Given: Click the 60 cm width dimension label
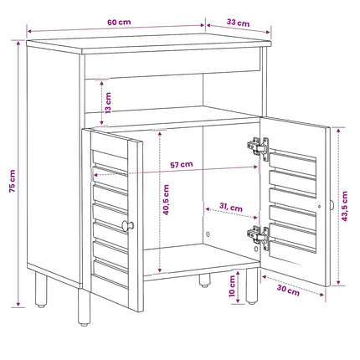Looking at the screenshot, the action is [119, 22].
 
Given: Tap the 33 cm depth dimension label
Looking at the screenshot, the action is [238, 23].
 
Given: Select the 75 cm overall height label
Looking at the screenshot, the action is [13, 181].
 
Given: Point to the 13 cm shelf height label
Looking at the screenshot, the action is [108, 103].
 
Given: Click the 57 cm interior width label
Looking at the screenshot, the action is [182, 164].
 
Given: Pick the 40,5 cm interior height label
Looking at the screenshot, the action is [166, 199].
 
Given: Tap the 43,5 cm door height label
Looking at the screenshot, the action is [345, 206].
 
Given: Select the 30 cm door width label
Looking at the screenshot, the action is [288, 290].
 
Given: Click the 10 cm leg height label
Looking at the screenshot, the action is [232, 286].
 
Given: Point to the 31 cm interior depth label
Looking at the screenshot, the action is [231, 207].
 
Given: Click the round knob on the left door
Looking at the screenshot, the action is [127, 225].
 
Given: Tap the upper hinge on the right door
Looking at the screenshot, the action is [258, 147].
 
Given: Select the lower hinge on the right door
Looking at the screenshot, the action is [258, 236].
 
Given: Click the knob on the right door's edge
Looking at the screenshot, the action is [332, 206].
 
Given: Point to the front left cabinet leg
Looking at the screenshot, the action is [84, 307].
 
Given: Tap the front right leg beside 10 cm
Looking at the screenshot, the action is [252, 286].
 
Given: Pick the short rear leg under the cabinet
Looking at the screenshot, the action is [204, 280].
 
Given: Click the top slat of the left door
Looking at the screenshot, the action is [110, 157].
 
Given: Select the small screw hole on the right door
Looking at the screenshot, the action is [319, 207].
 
